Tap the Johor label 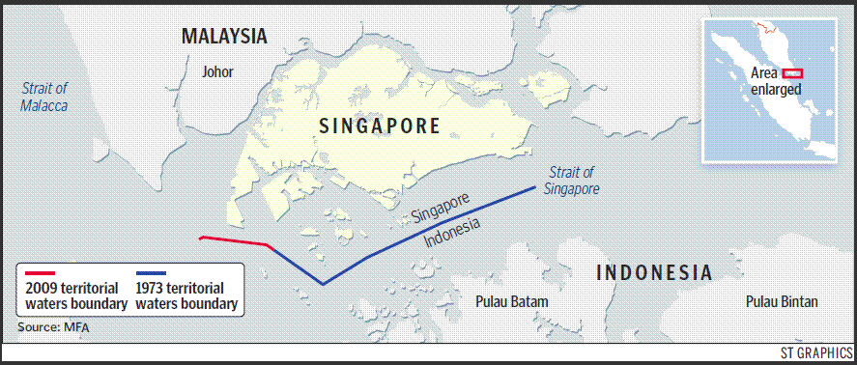tap(218, 71)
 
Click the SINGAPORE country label tap(380, 126)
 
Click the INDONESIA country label tap(654, 271)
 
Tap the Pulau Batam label tap(512, 301)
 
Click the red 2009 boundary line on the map tap(234, 240)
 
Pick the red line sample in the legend tap(43, 273)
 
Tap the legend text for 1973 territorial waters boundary tap(187, 296)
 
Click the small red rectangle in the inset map tap(793, 72)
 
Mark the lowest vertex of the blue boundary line tap(323, 284)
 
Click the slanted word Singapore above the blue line tap(441, 208)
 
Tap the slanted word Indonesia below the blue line tap(454, 233)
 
